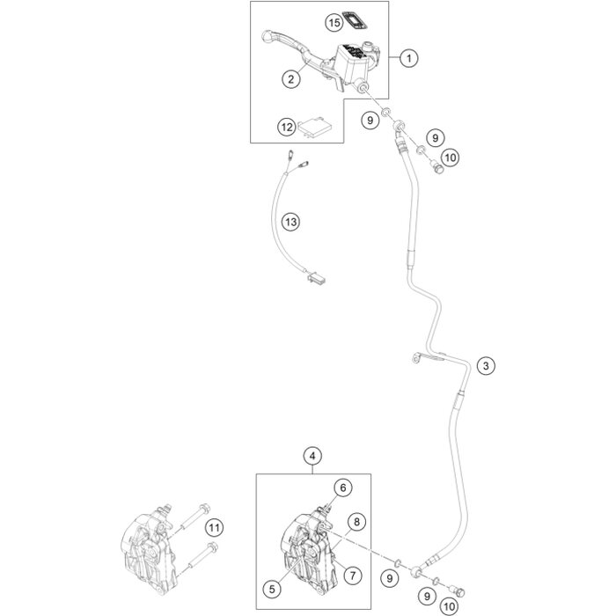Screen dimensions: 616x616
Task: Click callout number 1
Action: pos(407,58)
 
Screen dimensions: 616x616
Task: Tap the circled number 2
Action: pos(290,79)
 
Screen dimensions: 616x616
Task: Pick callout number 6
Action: pos(341,487)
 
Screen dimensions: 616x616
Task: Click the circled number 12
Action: pos(285,128)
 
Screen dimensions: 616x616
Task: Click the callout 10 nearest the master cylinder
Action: pos(449,158)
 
